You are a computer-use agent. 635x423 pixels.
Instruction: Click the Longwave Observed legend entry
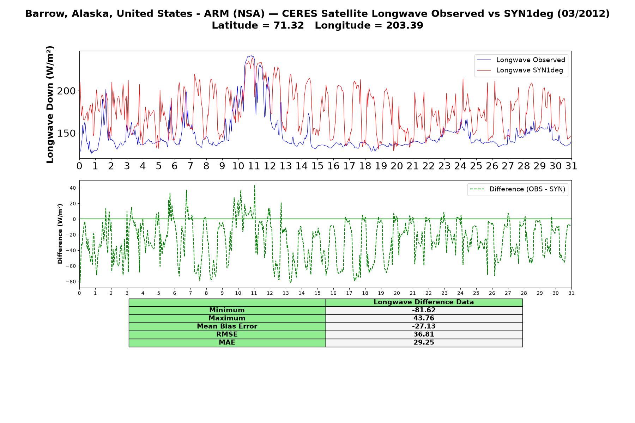coord(521,60)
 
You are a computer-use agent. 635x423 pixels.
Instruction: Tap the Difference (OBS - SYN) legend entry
coord(518,189)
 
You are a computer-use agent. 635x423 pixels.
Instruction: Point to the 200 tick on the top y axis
coord(66,91)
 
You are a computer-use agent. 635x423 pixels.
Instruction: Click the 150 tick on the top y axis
coord(66,133)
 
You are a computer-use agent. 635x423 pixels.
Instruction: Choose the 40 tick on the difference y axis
coord(73,188)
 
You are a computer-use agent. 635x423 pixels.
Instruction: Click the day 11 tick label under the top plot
coord(254,166)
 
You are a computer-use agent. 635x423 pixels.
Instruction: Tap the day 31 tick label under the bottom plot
coord(571,293)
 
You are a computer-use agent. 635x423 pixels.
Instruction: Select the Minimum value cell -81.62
coord(424,310)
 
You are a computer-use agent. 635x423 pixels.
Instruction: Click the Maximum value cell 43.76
coord(424,318)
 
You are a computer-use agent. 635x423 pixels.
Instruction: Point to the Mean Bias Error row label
coord(227,326)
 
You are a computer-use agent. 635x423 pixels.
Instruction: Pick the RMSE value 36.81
coord(424,335)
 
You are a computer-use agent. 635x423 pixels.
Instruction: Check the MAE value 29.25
coord(424,343)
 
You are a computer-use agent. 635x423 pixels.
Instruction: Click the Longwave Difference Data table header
coord(424,302)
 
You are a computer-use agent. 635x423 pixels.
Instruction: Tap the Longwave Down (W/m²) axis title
coord(50,104)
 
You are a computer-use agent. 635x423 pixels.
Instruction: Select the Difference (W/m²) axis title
coord(60,234)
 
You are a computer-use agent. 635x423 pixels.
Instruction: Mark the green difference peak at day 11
coord(254,185)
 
